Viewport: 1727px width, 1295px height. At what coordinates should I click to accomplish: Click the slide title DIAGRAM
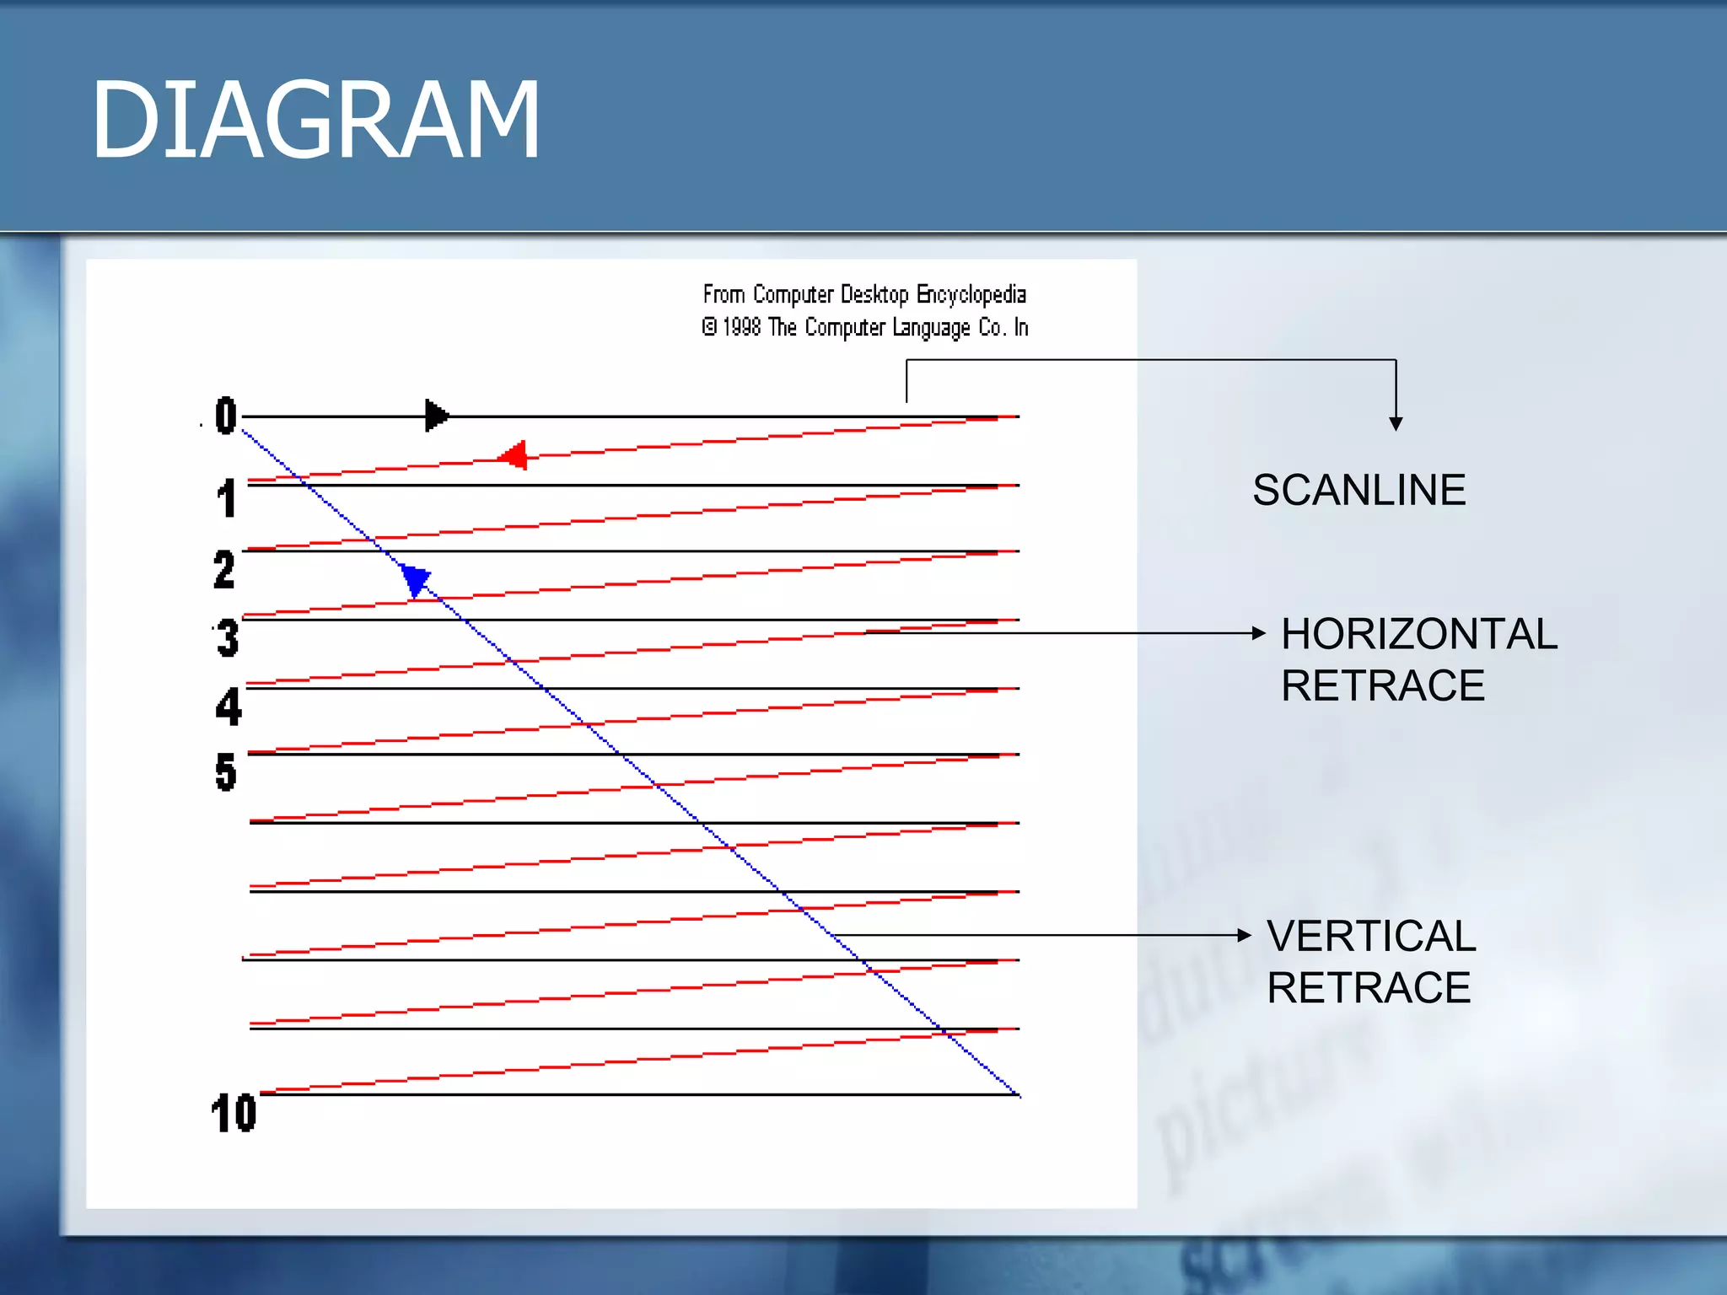[x=315, y=120]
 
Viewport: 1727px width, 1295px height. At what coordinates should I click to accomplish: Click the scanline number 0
[x=225, y=416]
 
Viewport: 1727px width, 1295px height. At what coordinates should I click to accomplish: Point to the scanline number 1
[x=226, y=498]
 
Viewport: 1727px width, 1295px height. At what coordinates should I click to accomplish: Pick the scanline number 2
[x=224, y=569]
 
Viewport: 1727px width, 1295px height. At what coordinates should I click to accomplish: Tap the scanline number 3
[x=228, y=638]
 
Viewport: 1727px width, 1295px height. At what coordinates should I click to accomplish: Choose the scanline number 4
[x=229, y=707]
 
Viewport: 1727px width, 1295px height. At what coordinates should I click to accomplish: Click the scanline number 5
[x=226, y=772]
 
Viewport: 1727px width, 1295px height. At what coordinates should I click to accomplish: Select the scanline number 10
[x=234, y=1113]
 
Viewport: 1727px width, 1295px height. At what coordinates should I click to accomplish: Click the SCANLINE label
[x=1358, y=491]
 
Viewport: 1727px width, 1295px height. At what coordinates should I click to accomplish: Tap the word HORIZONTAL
[x=1418, y=634]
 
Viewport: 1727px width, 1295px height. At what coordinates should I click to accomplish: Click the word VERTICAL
[x=1371, y=936]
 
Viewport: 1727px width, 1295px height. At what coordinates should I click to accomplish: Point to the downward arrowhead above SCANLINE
[x=1396, y=424]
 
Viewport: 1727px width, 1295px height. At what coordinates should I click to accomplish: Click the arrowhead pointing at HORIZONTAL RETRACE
[x=1259, y=633]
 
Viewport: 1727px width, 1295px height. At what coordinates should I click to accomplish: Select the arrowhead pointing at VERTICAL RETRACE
[x=1245, y=935]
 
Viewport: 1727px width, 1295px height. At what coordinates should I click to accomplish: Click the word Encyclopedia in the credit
[x=971, y=295]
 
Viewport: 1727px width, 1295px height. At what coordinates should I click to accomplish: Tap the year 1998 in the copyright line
[x=741, y=327]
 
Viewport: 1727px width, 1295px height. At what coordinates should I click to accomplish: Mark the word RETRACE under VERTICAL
[x=1369, y=988]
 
